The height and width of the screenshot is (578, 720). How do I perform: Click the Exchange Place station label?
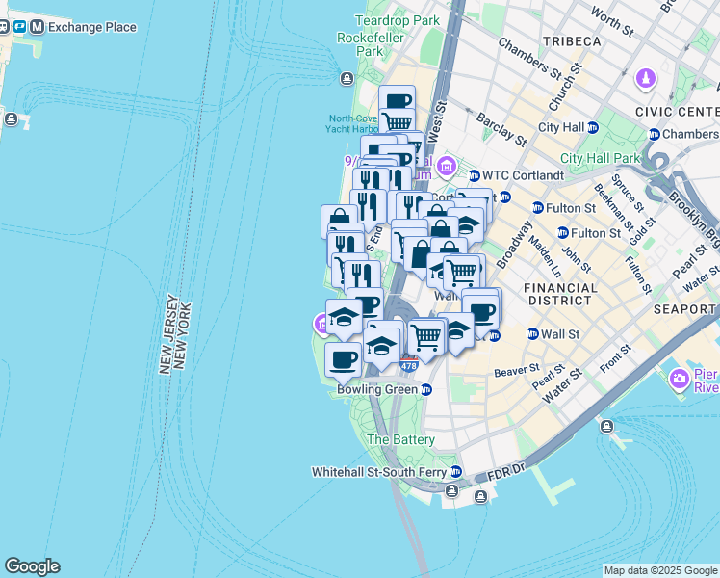pyautogui.click(x=91, y=27)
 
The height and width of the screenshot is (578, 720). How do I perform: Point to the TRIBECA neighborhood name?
pyautogui.click(x=571, y=41)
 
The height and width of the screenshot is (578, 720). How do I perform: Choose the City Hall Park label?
pyautogui.click(x=601, y=159)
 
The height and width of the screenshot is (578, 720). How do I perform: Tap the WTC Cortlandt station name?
pyautogui.click(x=515, y=175)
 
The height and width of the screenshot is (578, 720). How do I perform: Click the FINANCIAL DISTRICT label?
pyautogui.click(x=558, y=294)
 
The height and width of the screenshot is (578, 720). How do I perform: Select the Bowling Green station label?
pyautogui.click(x=377, y=390)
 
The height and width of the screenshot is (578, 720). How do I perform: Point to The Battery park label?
pyautogui.click(x=401, y=439)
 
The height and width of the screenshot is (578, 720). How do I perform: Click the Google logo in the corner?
pyautogui.click(x=31, y=566)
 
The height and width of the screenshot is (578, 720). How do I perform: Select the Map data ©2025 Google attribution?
pyautogui.click(x=660, y=570)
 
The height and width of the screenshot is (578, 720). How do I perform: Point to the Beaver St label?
pyautogui.click(x=518, y=369)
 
